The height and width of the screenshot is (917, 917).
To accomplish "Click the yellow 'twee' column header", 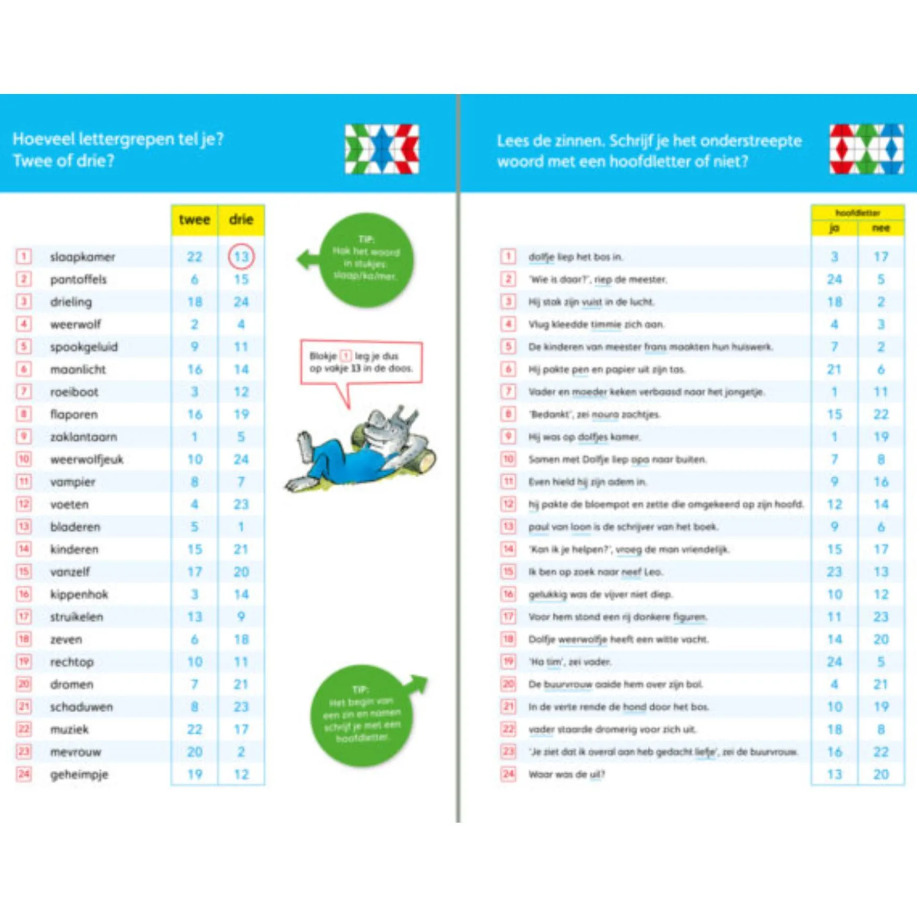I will (x=194, y=220).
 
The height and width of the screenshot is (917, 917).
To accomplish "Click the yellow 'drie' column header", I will (x=241, y=220).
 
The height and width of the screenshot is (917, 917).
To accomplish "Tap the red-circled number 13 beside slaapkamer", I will (x=241, y=256).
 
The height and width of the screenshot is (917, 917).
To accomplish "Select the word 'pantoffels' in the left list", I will (x=78, y=279).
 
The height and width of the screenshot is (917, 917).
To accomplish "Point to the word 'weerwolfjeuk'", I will (x=86, y=459).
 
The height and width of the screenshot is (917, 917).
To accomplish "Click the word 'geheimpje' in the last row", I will (x=79, y=774).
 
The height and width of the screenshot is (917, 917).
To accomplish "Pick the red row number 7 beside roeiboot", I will (x=24, y=391).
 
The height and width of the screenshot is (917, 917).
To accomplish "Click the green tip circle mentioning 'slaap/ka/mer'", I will (x=366, y=259).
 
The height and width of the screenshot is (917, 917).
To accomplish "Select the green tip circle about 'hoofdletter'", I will (x=362, y=715).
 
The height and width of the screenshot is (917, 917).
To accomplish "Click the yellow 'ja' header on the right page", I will (x=834, y=228).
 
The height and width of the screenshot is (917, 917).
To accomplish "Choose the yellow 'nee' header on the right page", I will (x=881, y=228).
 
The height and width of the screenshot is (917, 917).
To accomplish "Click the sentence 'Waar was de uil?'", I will (x=566, y=774).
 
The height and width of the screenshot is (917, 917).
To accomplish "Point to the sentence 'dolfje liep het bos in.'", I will (x=575, y=257).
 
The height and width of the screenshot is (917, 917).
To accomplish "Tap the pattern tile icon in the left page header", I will (x=382, y=149).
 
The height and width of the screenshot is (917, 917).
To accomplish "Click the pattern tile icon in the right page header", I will (x=866, y=149).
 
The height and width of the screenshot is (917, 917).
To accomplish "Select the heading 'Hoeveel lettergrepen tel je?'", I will (x=118, y=139).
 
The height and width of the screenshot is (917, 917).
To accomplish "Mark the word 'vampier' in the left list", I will (x=73, y=482).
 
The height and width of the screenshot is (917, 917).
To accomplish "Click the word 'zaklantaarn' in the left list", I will (x=83, y=437).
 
